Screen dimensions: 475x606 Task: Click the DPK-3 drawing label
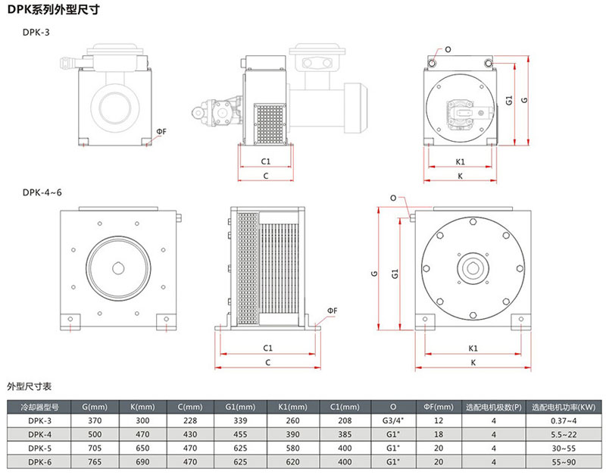(37, 33)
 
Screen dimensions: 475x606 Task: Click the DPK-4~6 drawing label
(42, 192)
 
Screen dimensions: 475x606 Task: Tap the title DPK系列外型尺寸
(53, 11)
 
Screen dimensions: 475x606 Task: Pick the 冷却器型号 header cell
(38, 405)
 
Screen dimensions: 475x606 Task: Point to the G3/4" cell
(392, 420)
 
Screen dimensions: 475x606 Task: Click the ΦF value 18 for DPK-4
(438, 434)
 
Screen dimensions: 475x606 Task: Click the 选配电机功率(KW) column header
(564, 405)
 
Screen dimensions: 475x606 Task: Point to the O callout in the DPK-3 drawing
(448, 50)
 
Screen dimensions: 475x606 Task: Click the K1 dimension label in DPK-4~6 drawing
(472, 348)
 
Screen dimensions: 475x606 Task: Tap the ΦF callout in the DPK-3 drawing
(161, 132)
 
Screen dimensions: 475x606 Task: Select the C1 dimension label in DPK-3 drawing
(266, 161)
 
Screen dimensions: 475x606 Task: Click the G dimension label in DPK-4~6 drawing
(374, 274)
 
